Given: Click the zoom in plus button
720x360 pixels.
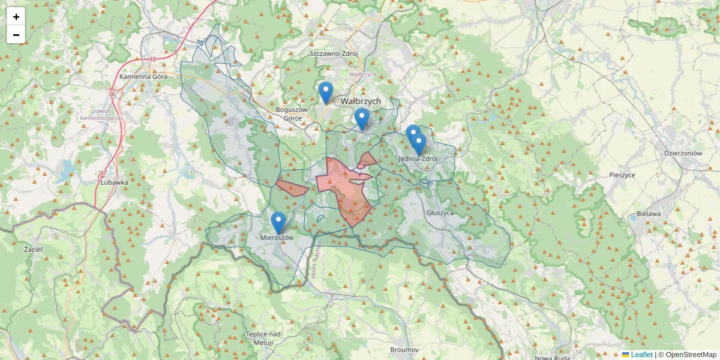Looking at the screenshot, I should click(16, 16).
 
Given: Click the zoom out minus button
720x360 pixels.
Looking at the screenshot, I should click(16, 35).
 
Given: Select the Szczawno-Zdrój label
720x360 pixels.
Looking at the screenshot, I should click(334, 53).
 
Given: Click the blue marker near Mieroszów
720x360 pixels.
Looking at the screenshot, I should click(278, 223).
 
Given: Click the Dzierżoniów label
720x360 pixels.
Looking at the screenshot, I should click(683, 153).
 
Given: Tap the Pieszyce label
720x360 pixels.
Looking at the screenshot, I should click(622, 175).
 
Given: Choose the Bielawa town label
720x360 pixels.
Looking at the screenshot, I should click(648, 214).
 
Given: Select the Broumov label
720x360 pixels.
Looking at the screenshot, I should click(404, 349).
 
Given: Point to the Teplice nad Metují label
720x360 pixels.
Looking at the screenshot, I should click(263, 338).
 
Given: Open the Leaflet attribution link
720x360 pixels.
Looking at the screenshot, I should click(641, 355).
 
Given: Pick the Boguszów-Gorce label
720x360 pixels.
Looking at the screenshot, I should click(292, 114).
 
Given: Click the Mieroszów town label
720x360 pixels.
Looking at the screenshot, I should click(277, 238).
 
